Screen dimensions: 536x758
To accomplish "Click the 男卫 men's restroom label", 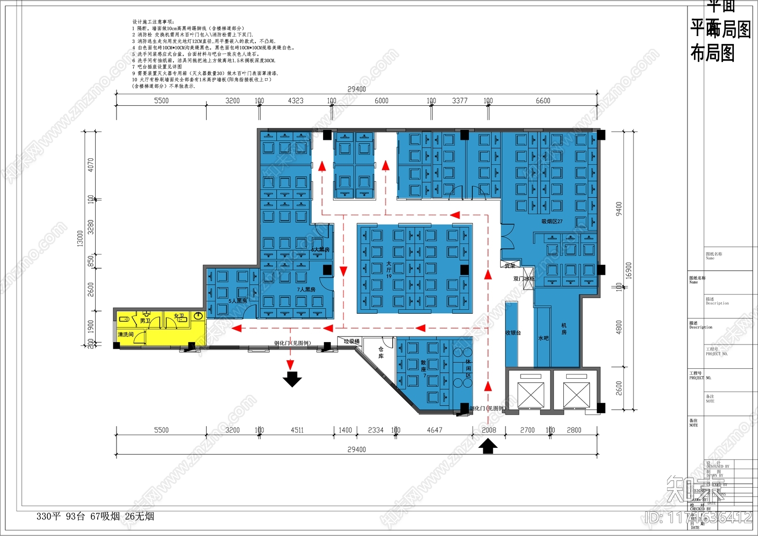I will coord(145,321).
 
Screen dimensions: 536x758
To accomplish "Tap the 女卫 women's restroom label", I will coord(179,316).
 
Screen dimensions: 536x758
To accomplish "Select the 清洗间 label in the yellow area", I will coord(126,335).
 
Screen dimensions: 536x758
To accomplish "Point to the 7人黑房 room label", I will coord(306,289).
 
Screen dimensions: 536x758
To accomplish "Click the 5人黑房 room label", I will coord(238,301).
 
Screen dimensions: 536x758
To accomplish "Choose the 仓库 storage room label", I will coord(381,352).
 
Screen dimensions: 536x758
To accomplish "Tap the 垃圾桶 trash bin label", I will coord(352,341).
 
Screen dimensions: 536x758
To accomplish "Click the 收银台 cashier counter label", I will coord(513,333).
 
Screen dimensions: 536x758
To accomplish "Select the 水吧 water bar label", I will coord(543,338).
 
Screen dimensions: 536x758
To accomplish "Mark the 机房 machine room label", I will coord(564,329).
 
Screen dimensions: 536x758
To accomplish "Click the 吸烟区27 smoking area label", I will coord(552,221).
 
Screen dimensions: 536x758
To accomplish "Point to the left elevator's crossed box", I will coord(528,395).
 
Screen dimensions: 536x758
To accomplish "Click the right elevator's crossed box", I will coord(576,395).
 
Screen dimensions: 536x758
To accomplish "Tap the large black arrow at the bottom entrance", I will coord(488,446).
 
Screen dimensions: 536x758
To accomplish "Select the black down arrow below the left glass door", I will coord(292,379).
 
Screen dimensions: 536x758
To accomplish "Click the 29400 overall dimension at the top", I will coord(356,89).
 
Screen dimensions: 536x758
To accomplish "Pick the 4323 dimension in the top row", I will coord(296,101).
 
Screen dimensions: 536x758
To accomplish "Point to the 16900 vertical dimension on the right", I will coord(629,270).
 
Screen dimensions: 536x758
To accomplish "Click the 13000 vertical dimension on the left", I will coord(80,238).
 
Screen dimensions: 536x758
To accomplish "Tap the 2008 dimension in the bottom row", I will coord(489,430).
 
